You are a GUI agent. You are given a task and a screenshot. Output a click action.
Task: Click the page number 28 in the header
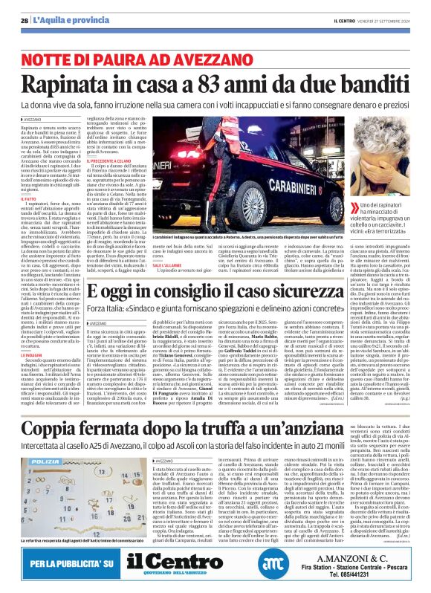coord(25,21)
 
